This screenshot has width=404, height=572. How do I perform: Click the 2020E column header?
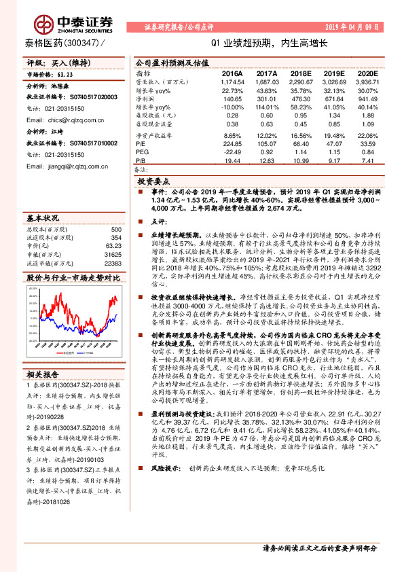click(x=365, y=73)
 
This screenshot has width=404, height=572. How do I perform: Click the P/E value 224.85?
click(x=232, y=144)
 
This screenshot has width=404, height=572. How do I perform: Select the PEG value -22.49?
click(x=232, y=153)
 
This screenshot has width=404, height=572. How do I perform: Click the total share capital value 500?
click(x=115, y=230)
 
